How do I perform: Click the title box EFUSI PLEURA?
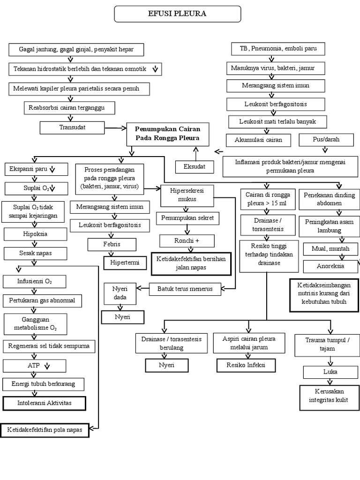click(x=178, y=14)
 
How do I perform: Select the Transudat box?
click(x=72, y=127)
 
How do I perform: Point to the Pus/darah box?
click(x=326, y=139)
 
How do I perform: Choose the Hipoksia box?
click(x=28, y=234)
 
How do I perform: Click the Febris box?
click(x=112, y=244)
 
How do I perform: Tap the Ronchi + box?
click(x=187, y=241)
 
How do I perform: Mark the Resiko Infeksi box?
click(x=246, y=365)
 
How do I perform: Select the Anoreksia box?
click(x=331, y=266)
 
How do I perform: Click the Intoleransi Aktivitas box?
click(x=45, y=403)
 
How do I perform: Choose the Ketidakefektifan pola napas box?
click(x=45, y=430)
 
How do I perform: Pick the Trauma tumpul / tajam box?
click(x=327, y=345)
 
